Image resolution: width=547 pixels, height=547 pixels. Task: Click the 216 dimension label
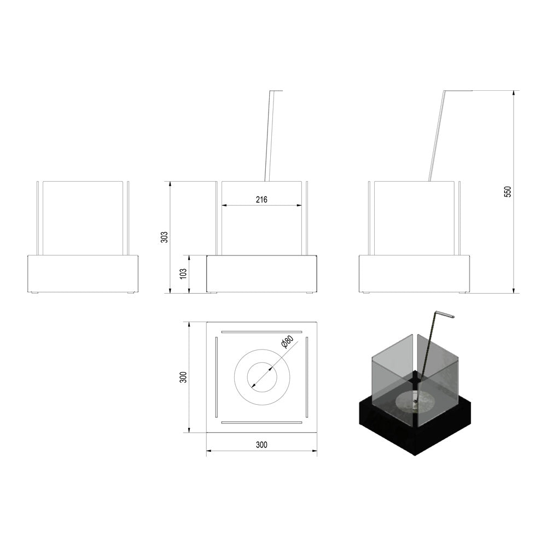pyautogui.click(x=261, y=200)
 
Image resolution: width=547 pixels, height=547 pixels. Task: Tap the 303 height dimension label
pyautogui.click(x=164, y=237)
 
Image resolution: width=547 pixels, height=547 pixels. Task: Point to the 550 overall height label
pyautogui.click(x=508, y=192)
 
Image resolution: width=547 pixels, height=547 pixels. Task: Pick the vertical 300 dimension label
pyautogui.click(x=184, y=377)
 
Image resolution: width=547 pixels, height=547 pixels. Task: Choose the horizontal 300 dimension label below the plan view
pyautogui.click(x=261, y=445)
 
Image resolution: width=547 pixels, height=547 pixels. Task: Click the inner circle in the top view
pyautogui.click(x=263, y=363)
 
